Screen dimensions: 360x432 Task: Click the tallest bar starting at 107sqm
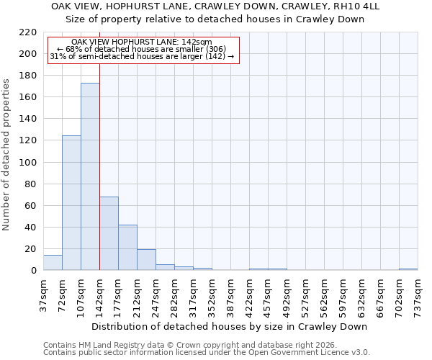pos(90,176)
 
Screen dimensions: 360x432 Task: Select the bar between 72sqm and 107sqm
pos(71,202)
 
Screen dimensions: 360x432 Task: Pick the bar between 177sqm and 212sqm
pos(127,248)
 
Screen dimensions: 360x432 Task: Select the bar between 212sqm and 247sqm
pos(146,260)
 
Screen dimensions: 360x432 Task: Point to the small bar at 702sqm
pos(408,269)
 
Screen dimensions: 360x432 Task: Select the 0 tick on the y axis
pos(34,271)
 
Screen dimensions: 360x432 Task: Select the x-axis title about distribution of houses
pos(230,326)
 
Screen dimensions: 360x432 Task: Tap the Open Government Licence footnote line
pos(207,352)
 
